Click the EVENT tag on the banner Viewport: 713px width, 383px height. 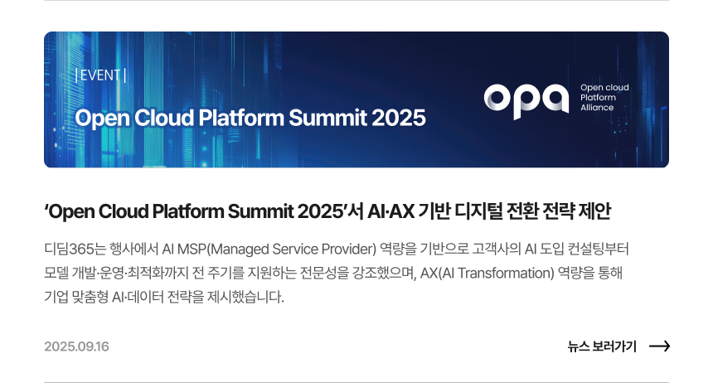[100, 75]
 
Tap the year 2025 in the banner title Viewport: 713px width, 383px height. [399, 118]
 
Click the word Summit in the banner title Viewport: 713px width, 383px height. [327, 118]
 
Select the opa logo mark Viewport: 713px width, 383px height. [526, 101]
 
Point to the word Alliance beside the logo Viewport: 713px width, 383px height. [597, 108]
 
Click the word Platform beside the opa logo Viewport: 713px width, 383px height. [598, 97]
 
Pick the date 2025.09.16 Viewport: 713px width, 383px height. [76, 347]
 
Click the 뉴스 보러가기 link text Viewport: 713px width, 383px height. [602, 347]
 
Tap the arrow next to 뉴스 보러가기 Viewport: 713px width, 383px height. [659, 347]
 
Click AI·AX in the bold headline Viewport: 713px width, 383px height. [391, 211]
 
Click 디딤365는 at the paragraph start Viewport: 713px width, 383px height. [75, 249]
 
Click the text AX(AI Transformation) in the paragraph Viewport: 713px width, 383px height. [487, 273]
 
